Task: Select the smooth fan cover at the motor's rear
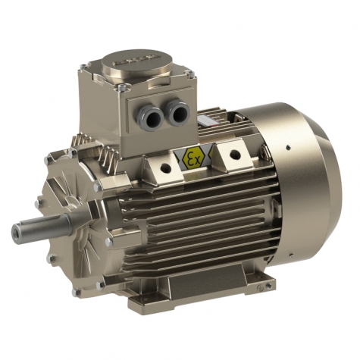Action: click(303, 189)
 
